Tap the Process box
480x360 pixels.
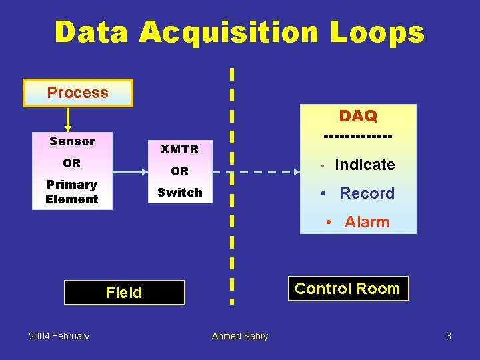[78, 93]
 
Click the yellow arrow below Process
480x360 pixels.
[67, 119]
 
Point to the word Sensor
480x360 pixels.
[72, 141]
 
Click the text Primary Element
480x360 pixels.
[72, 192]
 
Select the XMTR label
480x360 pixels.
[179, 149]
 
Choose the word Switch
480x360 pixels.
[179, 193]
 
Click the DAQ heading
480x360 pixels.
[358, 116]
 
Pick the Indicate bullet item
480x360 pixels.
[364, 165]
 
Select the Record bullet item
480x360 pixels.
[367, 193]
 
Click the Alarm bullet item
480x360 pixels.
[366, 222]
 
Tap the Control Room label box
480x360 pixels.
[347, 289]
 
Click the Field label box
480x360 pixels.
[124, 293]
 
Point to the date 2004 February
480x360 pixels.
[59, 336]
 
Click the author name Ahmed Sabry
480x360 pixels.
[240, 336]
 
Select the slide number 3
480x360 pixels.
[449, 336]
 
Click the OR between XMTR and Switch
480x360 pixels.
[179, 171]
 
